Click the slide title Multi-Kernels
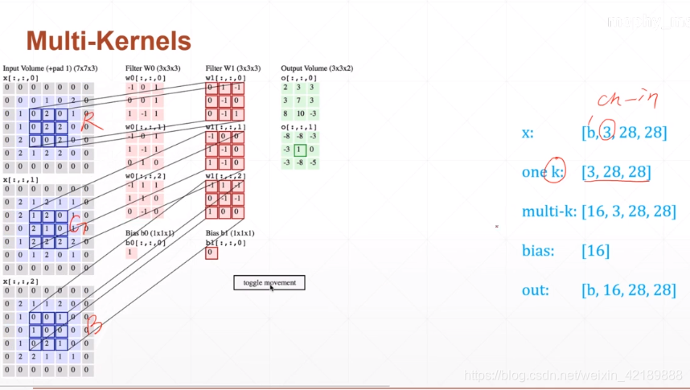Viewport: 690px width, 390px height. point(109,41)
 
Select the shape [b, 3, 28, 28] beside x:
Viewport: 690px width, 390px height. point(623,132)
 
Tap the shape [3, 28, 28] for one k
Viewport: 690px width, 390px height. point(616,171)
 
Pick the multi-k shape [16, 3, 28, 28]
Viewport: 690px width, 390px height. point(628,211)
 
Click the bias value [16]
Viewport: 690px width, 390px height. point(595,251)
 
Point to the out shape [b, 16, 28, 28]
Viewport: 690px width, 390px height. point(628,290)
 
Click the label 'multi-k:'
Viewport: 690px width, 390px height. point(548,211)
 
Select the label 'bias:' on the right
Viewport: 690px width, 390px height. point(538,251)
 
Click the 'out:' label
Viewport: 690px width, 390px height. point(535,290)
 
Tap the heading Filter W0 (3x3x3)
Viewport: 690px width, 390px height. point(158,68)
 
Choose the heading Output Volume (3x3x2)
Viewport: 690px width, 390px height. point(317,68)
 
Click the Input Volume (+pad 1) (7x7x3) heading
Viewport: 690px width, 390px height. point(49,68)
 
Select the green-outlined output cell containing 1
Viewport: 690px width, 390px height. point(298,150)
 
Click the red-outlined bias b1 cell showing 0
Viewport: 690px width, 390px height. point(211,253)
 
